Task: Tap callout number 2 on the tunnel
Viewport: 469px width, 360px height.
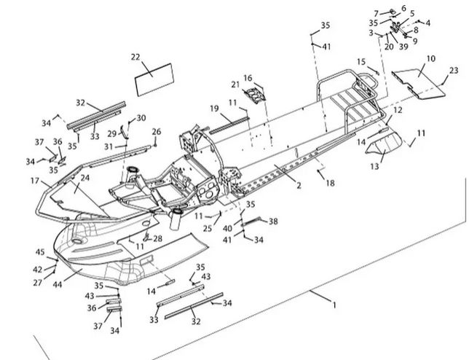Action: (299, 186)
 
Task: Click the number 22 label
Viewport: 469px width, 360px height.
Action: (135, 56)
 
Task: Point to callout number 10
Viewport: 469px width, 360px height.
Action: (430, 58)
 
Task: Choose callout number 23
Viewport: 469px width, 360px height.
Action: (454, 71)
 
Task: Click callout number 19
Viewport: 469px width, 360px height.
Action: (215, 109)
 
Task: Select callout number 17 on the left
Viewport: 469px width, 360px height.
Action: (34, 180)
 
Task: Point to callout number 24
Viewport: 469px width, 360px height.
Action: (85, 178)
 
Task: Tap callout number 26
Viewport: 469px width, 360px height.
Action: (156, 131)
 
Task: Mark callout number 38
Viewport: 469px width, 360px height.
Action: (274, 221)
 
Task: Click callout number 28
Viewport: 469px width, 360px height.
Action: (157, 239)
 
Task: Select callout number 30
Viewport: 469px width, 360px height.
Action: (141, 117)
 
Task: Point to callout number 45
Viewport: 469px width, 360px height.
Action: (41, 252)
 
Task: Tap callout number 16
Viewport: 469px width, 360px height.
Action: (248, 78)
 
